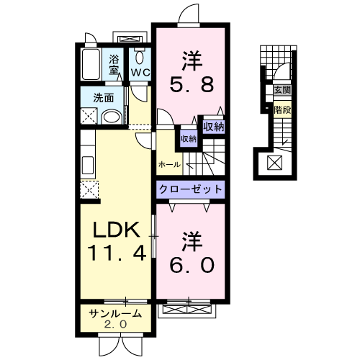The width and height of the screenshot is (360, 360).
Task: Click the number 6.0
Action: point(192,254)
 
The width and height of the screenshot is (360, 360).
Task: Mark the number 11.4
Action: point(115,253)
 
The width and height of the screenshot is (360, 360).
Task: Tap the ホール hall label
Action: point(170,165)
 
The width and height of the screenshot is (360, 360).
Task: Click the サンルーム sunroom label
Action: point(116,314)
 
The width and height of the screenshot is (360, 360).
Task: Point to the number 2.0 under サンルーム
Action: point(116,325)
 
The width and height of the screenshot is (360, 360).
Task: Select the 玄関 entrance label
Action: point(282,90)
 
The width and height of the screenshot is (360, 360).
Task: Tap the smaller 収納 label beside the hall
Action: point(188,138)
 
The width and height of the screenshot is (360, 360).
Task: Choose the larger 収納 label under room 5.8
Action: point(213,127)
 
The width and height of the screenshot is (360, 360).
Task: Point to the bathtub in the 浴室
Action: point(91,66)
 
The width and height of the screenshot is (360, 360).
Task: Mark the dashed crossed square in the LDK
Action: point(90,189)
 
